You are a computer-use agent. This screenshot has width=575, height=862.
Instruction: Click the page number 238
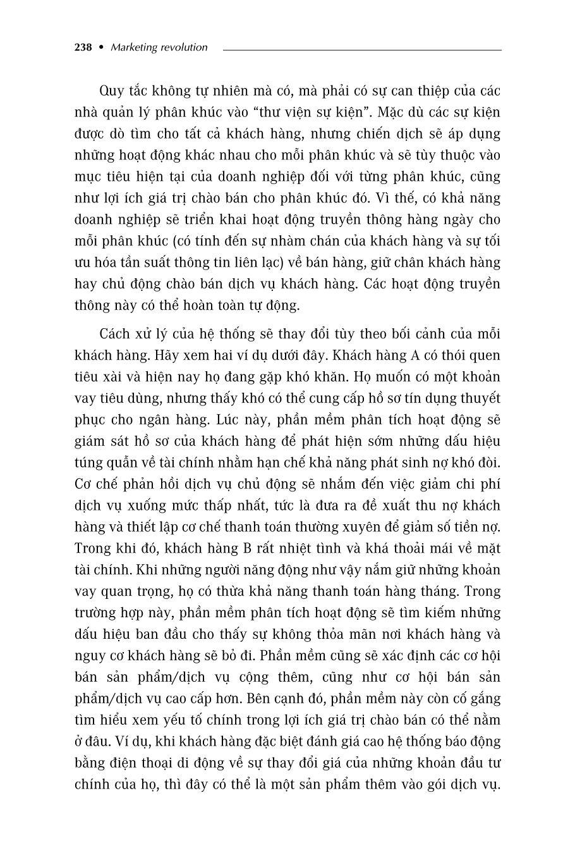pyautogui.click(x=83, y=47)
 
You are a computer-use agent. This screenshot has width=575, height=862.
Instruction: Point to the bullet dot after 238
pyautogui.click(x=101, y=47)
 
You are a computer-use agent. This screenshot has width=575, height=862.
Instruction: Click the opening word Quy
pyautogui.click(x=112, y=90)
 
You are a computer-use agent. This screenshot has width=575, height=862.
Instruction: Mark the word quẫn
pyautogui.click(x=119, y=463)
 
